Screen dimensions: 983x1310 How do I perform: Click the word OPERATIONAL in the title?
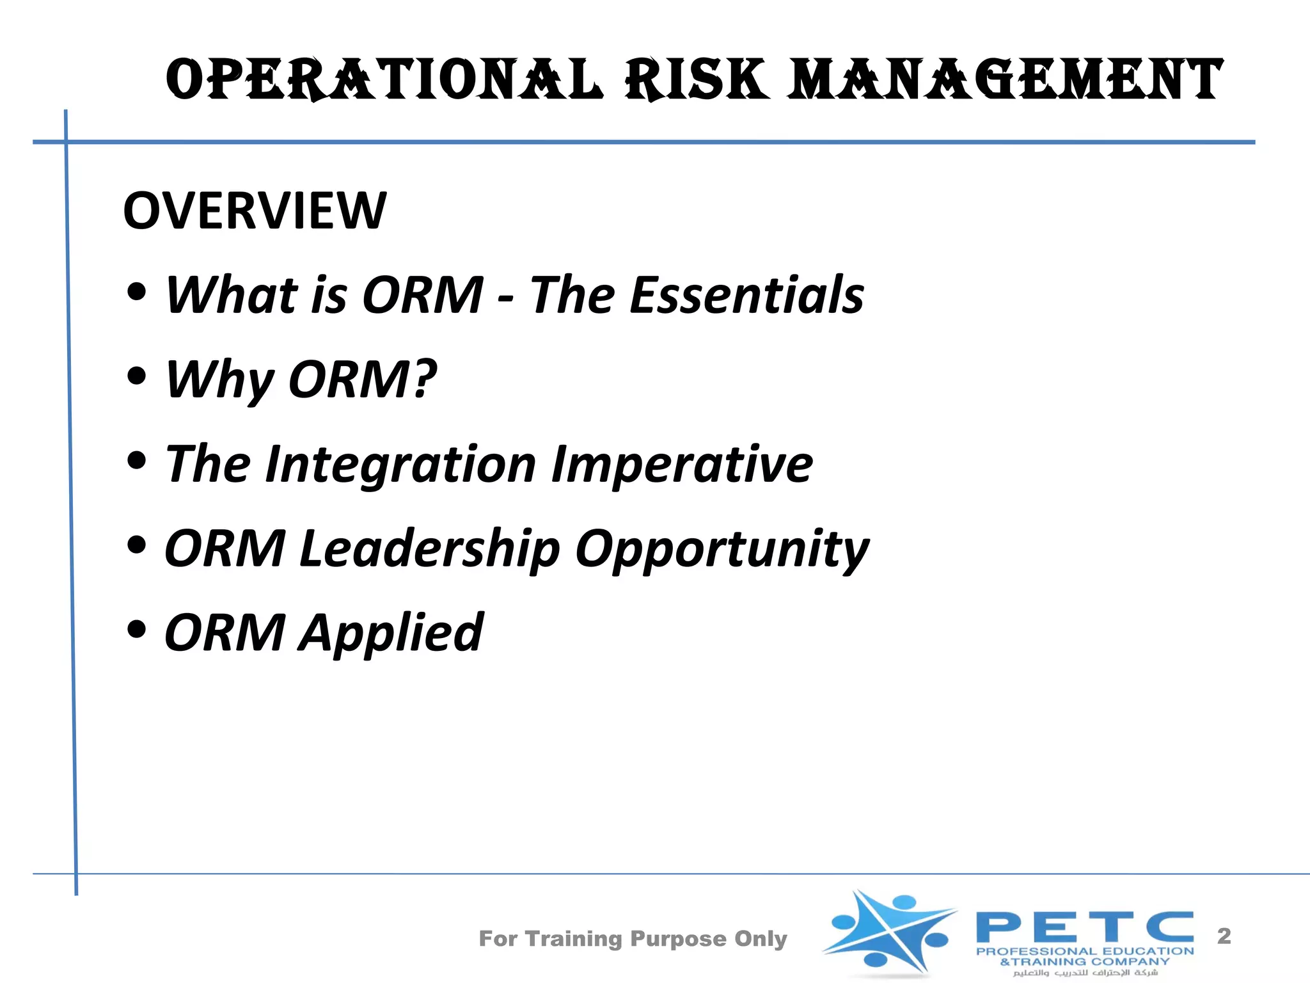[384, 79]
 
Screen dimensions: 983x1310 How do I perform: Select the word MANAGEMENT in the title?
[1004, 79]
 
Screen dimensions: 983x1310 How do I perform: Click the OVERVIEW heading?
[255, 211]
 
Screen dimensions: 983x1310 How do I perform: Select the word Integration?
[400, 465]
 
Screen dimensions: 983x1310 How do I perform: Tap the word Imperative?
[682, 465]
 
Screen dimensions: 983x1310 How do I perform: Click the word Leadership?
[429, 549]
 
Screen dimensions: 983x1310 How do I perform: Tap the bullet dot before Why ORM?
[136, 376]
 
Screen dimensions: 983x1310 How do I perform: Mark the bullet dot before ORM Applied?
[136, 630]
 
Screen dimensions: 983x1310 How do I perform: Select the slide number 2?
[1224, 936]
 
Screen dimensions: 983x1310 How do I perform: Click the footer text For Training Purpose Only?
[633, 939]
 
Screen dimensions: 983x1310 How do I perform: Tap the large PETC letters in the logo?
[1084, 927]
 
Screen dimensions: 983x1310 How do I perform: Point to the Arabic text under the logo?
[1085, 973]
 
